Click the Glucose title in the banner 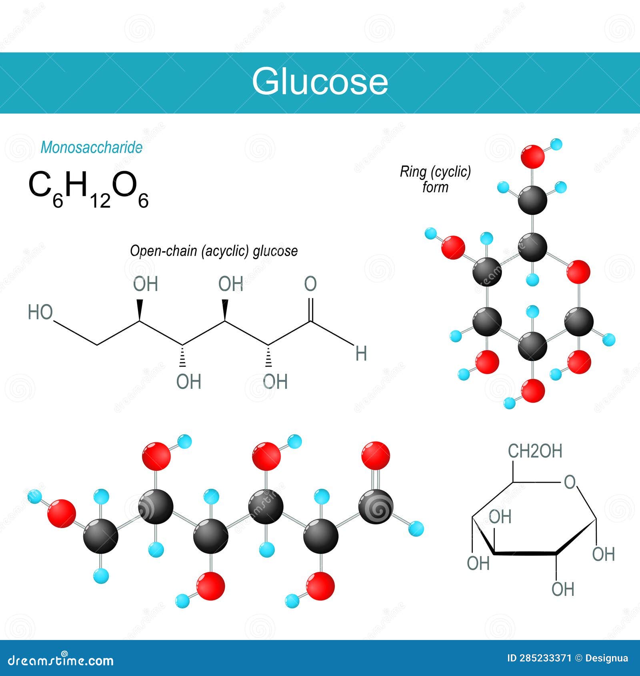[320, 82]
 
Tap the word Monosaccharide [91, 148]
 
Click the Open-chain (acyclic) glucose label [214, 251]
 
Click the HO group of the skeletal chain [40, 312]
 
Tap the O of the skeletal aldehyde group [310, 284]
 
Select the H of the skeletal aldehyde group [361, 354]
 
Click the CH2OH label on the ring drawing [535, 451]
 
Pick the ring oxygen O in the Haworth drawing [570, 482]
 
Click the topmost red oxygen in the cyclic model [532, 156]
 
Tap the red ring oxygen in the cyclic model [578, 272]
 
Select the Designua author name [606, 658]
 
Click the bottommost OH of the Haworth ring [563, 589]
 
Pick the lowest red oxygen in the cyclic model [532, 390]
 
